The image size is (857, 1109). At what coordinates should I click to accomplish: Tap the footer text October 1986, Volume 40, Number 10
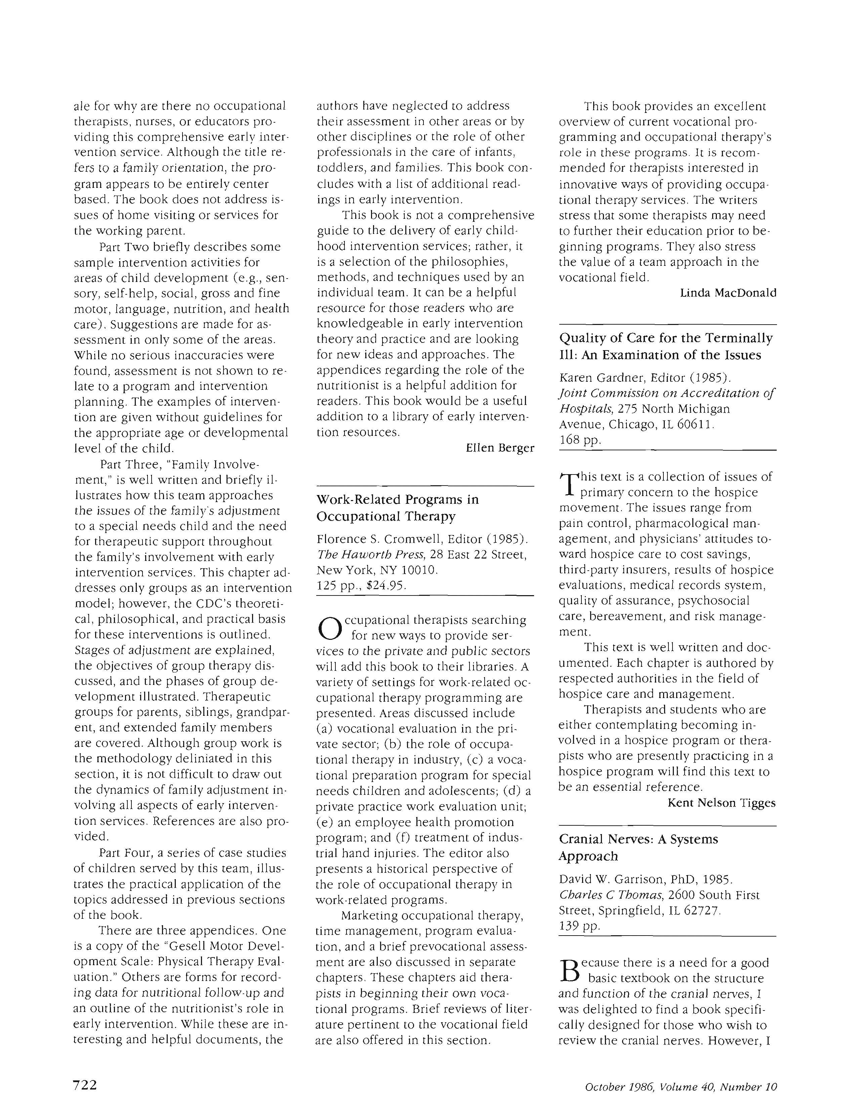coord(680,1083)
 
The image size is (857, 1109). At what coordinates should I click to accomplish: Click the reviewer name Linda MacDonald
coord(728,293)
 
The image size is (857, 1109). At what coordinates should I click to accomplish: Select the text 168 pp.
coord(580,440)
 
